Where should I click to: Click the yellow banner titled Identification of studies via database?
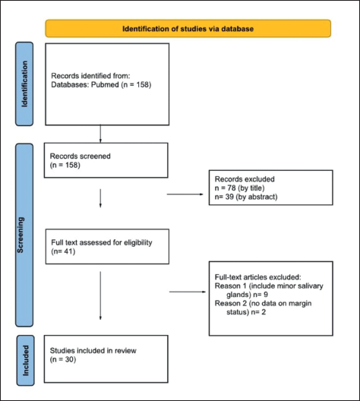pos(188,28)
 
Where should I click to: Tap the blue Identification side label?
pos(24,84)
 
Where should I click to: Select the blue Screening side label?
pos(24,235)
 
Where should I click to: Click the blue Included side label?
pos(26,360)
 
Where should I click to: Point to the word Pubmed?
pos(105,84)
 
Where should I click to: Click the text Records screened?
pos(81,156)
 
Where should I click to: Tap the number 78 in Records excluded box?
pos(232,188)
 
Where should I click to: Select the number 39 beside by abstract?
pos(229,197)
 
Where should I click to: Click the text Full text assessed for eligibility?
pos(102,242)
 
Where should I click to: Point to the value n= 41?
pos(64,251)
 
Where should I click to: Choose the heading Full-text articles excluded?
pos(258,277)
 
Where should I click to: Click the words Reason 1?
pos(230,286)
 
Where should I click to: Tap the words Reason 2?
pos(230,303)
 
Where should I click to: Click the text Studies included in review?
pos(93,351)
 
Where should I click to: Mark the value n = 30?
pos(63,359)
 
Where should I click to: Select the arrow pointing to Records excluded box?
pos(185,194)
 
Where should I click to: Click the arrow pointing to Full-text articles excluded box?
pos(188,292)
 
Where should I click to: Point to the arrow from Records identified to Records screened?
pos(100,134)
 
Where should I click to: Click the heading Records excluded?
pos(245,179)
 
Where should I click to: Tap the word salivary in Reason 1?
pos(310,286)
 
